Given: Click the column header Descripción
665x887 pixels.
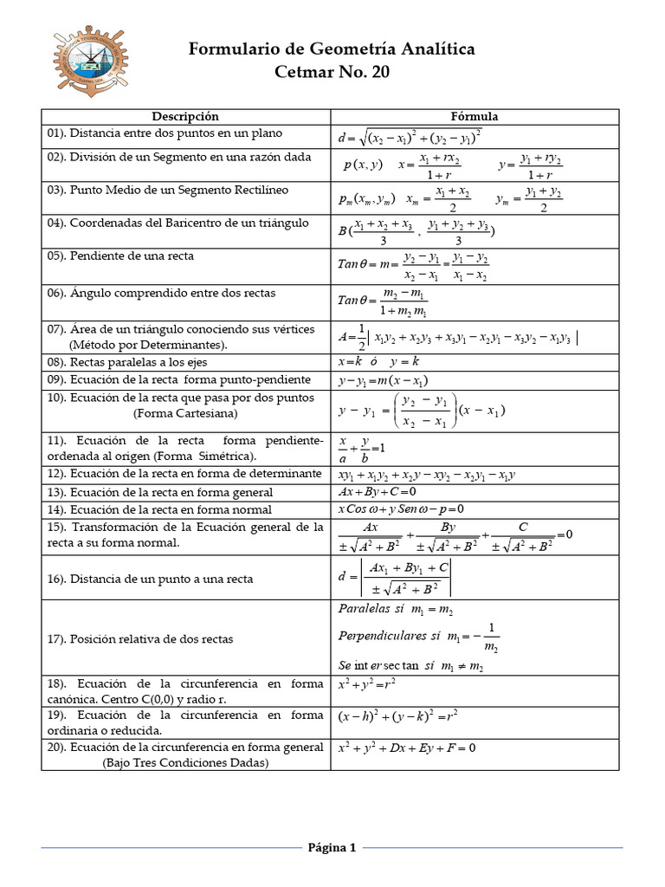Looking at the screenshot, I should pyautogui.click(x=185, y=116).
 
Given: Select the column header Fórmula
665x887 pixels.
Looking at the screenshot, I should pyautogui.click(x=474, y=116).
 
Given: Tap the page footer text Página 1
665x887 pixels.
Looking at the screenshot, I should pyautogui.click(x=332, y=847).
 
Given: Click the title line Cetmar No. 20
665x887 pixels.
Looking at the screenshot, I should pyautogui.click(x=332, y=72).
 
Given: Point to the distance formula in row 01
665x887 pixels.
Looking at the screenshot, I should pyautogui.click(x=410, y=137).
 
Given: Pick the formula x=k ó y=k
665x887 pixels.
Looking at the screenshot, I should pyautogui.click(x=378, y=361).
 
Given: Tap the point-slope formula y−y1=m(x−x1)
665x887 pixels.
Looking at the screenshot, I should pyautogui.click(x=384, y=381).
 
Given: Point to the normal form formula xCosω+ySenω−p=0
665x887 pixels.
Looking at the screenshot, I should pyautogui.click(x=400, y=508).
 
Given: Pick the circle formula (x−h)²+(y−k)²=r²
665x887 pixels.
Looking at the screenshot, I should pyautogui.click(x=397, y=715).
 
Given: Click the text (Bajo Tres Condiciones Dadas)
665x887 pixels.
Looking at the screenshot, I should pyautogui.click(x=185, y=763).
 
